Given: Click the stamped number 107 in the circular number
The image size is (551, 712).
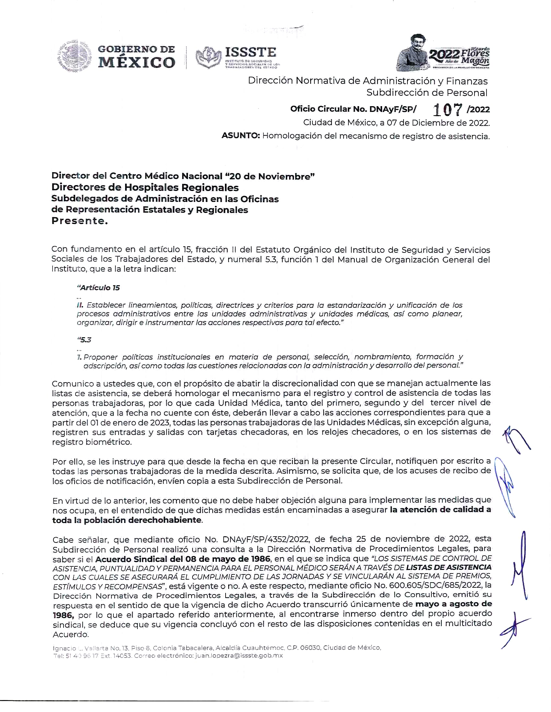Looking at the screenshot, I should click(x=447, y=110).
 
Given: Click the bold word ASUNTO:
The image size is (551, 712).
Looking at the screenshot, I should click(x=240, y=136).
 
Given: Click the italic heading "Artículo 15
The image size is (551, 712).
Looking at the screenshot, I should click(x=98, y=287).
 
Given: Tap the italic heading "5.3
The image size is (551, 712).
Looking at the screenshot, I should click(x=84, y=340).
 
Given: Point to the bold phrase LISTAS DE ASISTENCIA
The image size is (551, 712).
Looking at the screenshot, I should click(x=449, y=567).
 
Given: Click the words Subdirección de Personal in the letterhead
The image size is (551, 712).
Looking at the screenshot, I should click(x=427, y=93).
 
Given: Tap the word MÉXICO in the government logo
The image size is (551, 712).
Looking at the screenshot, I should click(x=136, y=62).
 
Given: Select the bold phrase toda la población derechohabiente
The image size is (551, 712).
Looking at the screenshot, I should click(x=127, y=520).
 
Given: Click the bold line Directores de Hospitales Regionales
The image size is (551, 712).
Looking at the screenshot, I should click(x=145, y=187).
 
